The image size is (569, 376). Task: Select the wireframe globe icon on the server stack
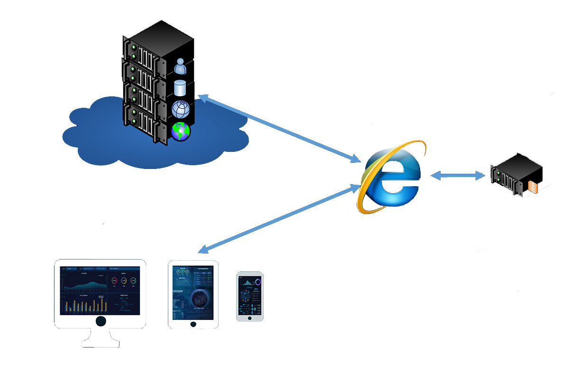pyautogui.click(x=180, y=110)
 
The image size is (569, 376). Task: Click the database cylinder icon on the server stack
pyautogui.click(x=180, y=88)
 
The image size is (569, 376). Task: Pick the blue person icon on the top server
pyautogui.click(x=180, y=66)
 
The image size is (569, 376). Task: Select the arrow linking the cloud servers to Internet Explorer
pyautogui.click(x=280, y=129)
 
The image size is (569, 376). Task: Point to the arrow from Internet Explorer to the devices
pyautogui.click(x=280, y=218)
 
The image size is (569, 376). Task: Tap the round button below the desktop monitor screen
pyautogui.click(x=101, y=321)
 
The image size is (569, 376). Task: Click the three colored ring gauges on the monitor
pyautogui.click(x=124, y=281)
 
